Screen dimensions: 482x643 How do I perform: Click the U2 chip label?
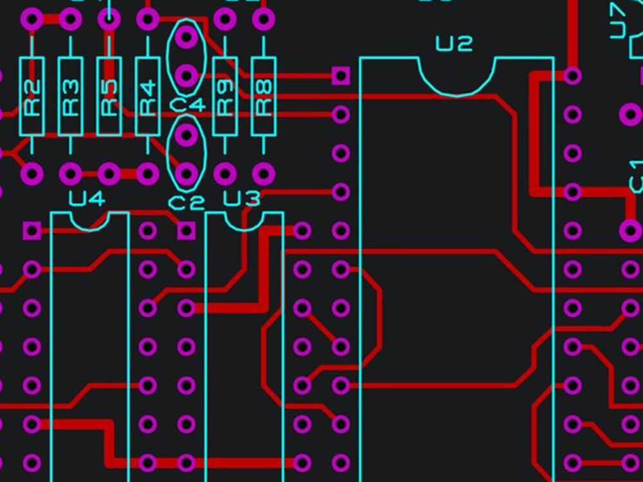[x=454, y=44]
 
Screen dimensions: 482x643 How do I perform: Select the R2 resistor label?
[x=32, y=96]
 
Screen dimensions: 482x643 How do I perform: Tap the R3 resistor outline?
[x=70, y=96]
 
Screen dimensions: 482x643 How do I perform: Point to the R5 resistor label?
[x=109, y=96]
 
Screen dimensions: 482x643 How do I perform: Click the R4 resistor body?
[x=147, y=96]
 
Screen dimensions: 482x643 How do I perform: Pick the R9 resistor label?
[x=224, y=96]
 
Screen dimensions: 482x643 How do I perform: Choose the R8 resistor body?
[x=263, y=96]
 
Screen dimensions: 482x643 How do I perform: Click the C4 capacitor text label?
[x=187, y=105]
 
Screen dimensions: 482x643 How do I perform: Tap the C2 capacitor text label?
[x=186, y=203]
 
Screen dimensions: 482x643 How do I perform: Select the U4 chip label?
[x=87, y=199]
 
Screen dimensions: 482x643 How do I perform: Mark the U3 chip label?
[x=242, y=199]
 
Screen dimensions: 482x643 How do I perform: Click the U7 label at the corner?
[x=618, y=19]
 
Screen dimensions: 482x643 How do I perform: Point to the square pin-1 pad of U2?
[x=341, y=76]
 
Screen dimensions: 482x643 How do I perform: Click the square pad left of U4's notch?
[x=32, y=230]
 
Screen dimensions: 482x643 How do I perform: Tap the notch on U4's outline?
[x=89, y=222]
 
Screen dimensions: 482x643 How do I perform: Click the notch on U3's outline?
[x=244, y=222]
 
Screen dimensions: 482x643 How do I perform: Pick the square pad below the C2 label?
[x=186, y=230]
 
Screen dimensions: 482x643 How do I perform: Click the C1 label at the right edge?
[x=636, y=177]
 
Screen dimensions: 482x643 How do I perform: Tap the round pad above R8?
[x=263, y=19]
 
